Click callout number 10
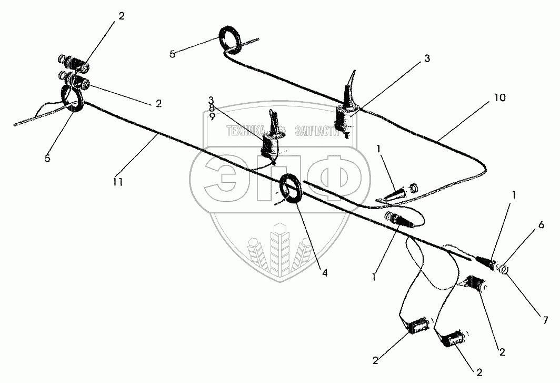[x=500, y=97]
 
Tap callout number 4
[x=324, y=273]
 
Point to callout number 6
[x=541, y=225]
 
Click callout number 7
[x=545, y=320]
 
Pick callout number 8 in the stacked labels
[x=212, y=109]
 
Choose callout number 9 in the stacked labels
[x=212, y=116]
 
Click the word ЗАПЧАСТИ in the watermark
[x=317, y=132]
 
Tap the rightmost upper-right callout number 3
[x=427, y=58]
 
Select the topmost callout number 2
[x=122, y=16]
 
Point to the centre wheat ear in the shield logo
[x=280, y=247]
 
